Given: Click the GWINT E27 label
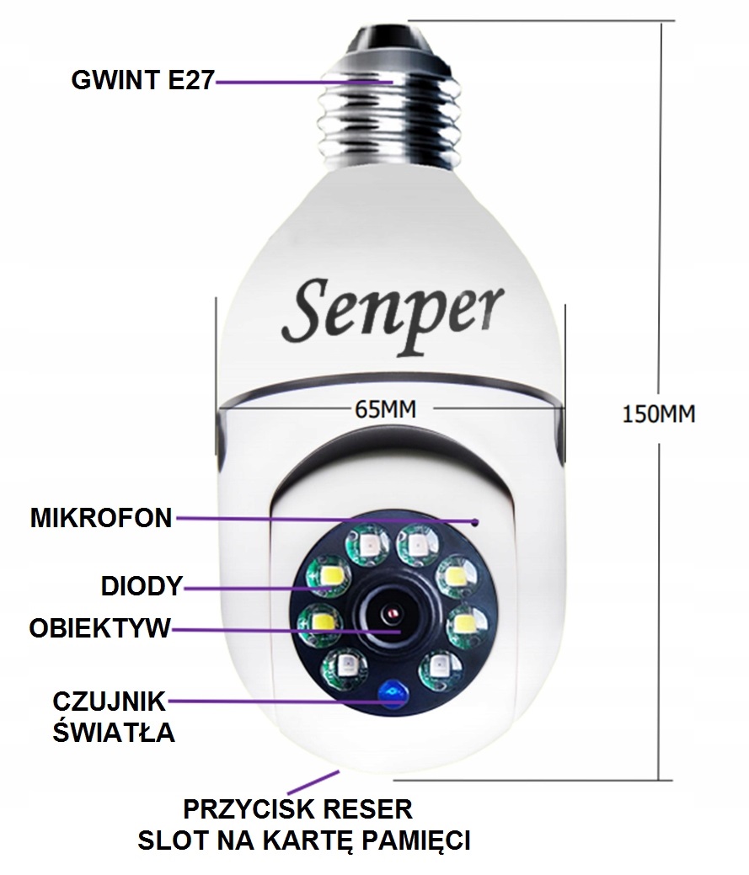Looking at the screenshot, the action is (x=142, y=82).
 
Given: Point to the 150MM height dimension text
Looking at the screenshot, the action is (x=659, y=413).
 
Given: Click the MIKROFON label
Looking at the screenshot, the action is (x=101, y=518).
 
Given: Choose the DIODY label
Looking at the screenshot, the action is (x=141, y=586).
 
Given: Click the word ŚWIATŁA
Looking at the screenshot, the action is (x=114, y=731).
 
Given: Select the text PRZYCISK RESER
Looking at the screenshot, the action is (x=298, y=810).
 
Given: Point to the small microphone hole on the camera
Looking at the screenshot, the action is (x=477, y=522).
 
